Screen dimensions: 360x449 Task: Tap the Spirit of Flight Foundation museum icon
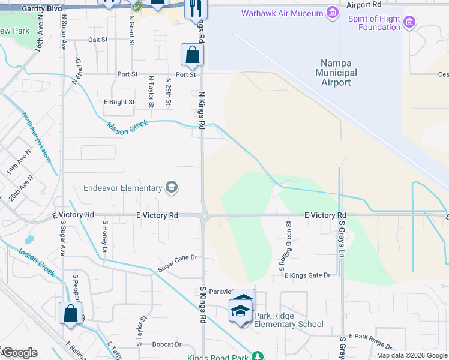click(x=409, y=23)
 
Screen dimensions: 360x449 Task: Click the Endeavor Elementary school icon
click(x=171, y=188)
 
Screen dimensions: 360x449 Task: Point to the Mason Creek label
click(x=127, y=128)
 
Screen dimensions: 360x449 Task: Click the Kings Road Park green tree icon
click(x=257, y=356)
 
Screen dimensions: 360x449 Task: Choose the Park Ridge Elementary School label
click(x=289, y=320)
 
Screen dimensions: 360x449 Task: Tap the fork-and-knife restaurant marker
click(x=196, y=8)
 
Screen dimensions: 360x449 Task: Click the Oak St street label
click(x=97, y=40)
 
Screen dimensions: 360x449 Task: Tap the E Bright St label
click(x=119, y=102)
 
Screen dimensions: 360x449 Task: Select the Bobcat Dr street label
click(x=166, y=344)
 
